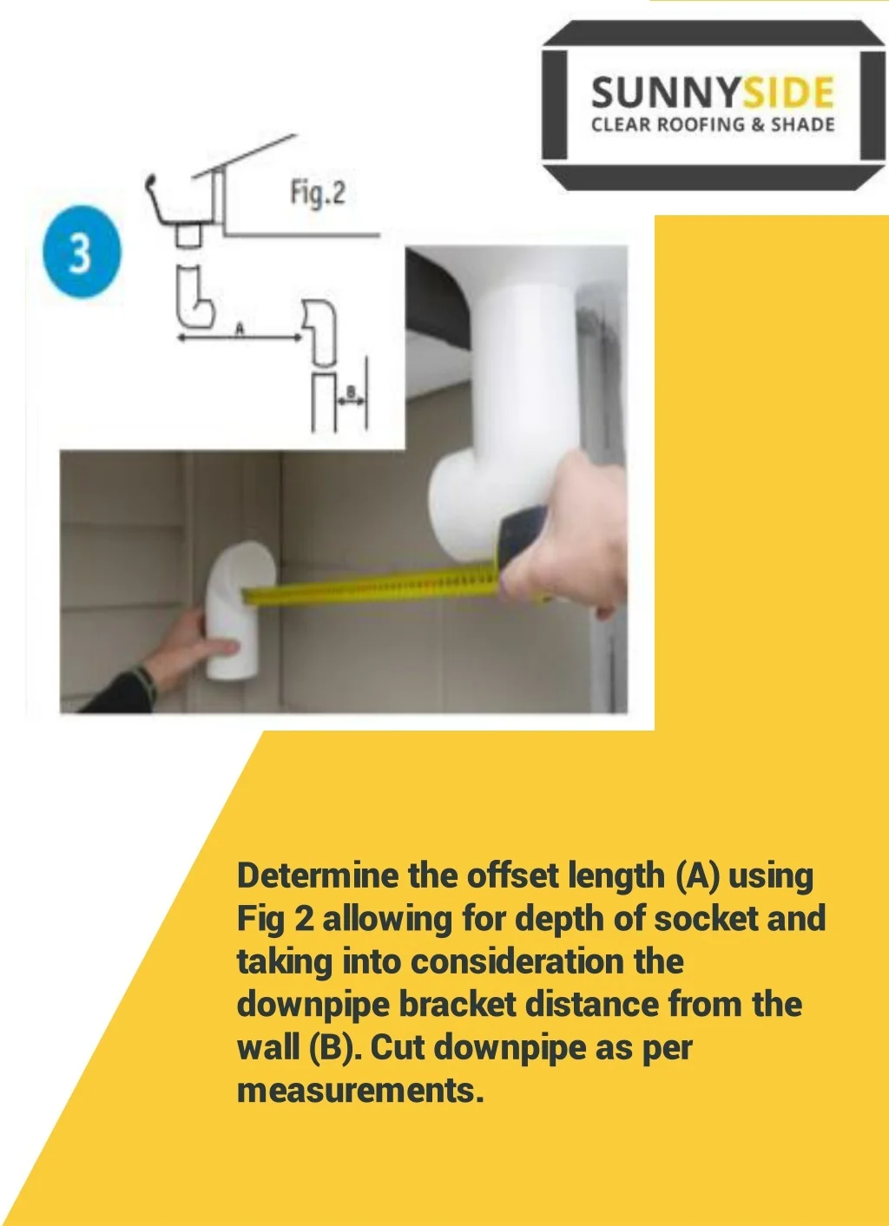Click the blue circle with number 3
(82, 252)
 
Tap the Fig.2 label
(318, 193)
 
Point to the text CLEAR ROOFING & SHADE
(713, 125)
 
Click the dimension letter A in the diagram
(239, 328)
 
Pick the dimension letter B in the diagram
(351, 391)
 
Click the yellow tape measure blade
(372, 586)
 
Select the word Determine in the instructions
(319, 876)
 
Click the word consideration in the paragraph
(517, 961)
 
